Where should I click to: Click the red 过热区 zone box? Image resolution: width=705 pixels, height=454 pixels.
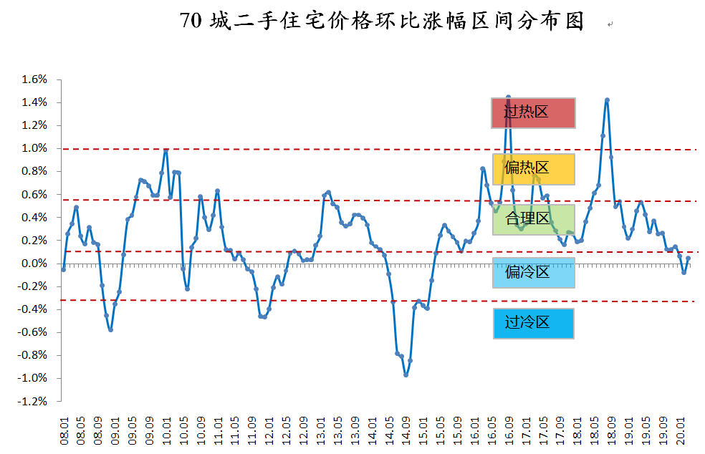pyautogui.click(x=533, y=112)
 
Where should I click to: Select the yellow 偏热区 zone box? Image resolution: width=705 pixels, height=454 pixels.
pyautogui.click(x=533, y=168)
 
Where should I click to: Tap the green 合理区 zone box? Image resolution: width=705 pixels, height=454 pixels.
pyautogui.click(x=533, y=219)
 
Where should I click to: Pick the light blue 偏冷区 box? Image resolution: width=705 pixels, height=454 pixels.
pyautogui.click(x=533, y=272)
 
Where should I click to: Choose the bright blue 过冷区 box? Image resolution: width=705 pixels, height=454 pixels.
pyautogui.click(x=533, y=323)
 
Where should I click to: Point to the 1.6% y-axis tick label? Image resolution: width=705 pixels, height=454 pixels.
pyautogui.click(x=33, y=79)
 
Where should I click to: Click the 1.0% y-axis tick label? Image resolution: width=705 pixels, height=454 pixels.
pyautogui.click(x=33, y=148)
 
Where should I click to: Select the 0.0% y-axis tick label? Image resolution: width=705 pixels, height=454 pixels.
pyautogui.click(x=33, y=264)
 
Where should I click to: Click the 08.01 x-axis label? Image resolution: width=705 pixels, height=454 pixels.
pyautogui.click(x=64, y=432)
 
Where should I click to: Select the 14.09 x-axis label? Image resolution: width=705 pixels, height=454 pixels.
pyautogui.click(x=406, y=432)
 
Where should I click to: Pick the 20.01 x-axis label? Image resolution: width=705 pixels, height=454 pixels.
pyautogui.click(x=681, y=432)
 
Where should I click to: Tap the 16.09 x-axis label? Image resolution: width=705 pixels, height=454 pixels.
pyautogui.click(x=509, y=432)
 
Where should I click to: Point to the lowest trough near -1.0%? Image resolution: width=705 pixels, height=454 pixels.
pyautogui.click(x=406, y=375)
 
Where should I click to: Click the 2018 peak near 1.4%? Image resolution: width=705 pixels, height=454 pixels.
pyautogui.click(x=607, y=100)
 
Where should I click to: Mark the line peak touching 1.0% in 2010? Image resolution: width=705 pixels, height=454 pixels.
pyautogui.click(x=166, y=150)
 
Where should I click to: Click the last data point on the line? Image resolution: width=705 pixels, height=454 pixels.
pyautogui.click(x=688, y=259)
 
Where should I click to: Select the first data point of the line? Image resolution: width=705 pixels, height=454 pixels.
pyautogui.click(x=64, y=269)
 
